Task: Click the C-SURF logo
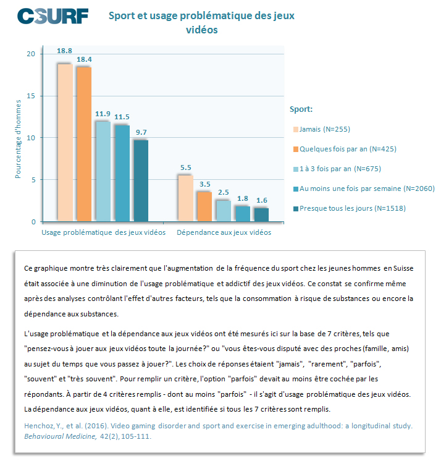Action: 53,16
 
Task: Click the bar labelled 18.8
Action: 65,143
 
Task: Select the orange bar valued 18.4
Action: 84,144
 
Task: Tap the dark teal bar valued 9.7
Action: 141,180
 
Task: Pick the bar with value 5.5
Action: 186,198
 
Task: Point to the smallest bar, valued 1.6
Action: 262,214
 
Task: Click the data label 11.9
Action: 103,114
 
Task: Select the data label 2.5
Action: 224,192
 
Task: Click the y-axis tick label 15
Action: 31,96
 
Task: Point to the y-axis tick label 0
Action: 33,222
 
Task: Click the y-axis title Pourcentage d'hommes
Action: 18,139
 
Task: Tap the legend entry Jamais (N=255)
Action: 322,129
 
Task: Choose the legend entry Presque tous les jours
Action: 349,208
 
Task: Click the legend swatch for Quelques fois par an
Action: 296,149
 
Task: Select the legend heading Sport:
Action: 301,109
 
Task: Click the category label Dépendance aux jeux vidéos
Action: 224,232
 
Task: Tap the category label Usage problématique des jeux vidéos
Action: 103,232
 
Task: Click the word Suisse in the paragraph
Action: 403,268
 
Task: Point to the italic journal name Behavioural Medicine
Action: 61,436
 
